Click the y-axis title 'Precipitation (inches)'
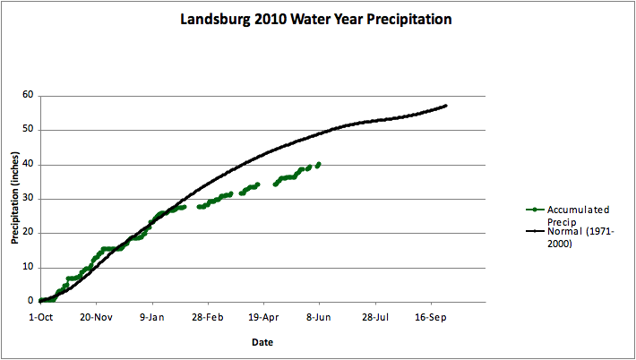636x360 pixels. coord(15,199)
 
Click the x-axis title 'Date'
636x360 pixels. coord(262,342)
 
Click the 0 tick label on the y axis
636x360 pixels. coord(30,302)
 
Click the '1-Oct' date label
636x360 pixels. coord(40,317)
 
